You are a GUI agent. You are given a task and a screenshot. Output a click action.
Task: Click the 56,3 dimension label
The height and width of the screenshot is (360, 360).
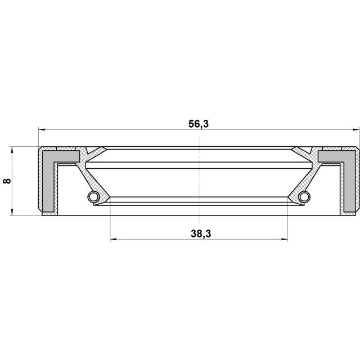pos(199,124)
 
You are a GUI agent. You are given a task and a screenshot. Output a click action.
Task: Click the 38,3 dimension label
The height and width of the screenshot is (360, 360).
pos(201,234)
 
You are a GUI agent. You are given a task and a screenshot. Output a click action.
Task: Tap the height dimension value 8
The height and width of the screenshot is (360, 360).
pos(7,181)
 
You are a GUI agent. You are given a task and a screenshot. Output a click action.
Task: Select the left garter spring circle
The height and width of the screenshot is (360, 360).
pos(93,196)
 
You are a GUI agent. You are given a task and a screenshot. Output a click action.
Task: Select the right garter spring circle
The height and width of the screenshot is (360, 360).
pos(305,196)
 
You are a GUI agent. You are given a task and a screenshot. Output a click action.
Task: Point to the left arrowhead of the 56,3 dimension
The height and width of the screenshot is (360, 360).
pos(42,130)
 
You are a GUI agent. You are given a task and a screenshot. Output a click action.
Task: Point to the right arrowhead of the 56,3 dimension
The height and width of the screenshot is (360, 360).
pos(355,130)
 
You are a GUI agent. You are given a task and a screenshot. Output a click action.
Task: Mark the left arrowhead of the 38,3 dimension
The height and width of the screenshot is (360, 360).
pos(114,240)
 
